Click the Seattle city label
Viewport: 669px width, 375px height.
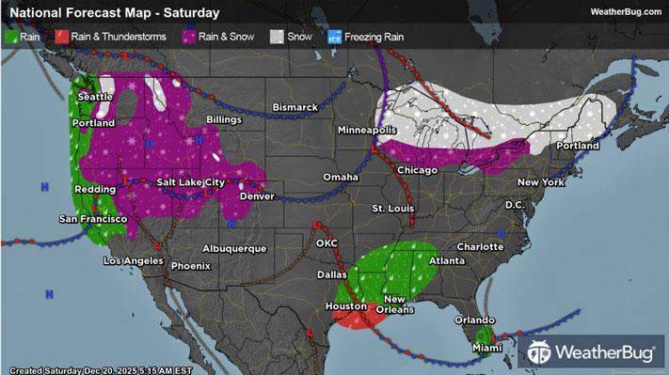tap(95, 97)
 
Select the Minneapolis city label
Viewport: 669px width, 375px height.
tap(367, 129)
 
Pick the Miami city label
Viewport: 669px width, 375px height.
tap(486, 350)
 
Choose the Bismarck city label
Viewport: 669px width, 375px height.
tap(295, 108)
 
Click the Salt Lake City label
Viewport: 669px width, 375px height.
tap(191, 182)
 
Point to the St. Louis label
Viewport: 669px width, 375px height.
tap(391, 207)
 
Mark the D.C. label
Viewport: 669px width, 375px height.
tap(515, 204)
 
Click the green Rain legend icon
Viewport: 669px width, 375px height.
tap(12, 39)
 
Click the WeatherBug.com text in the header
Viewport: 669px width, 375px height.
tap(624, 12)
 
